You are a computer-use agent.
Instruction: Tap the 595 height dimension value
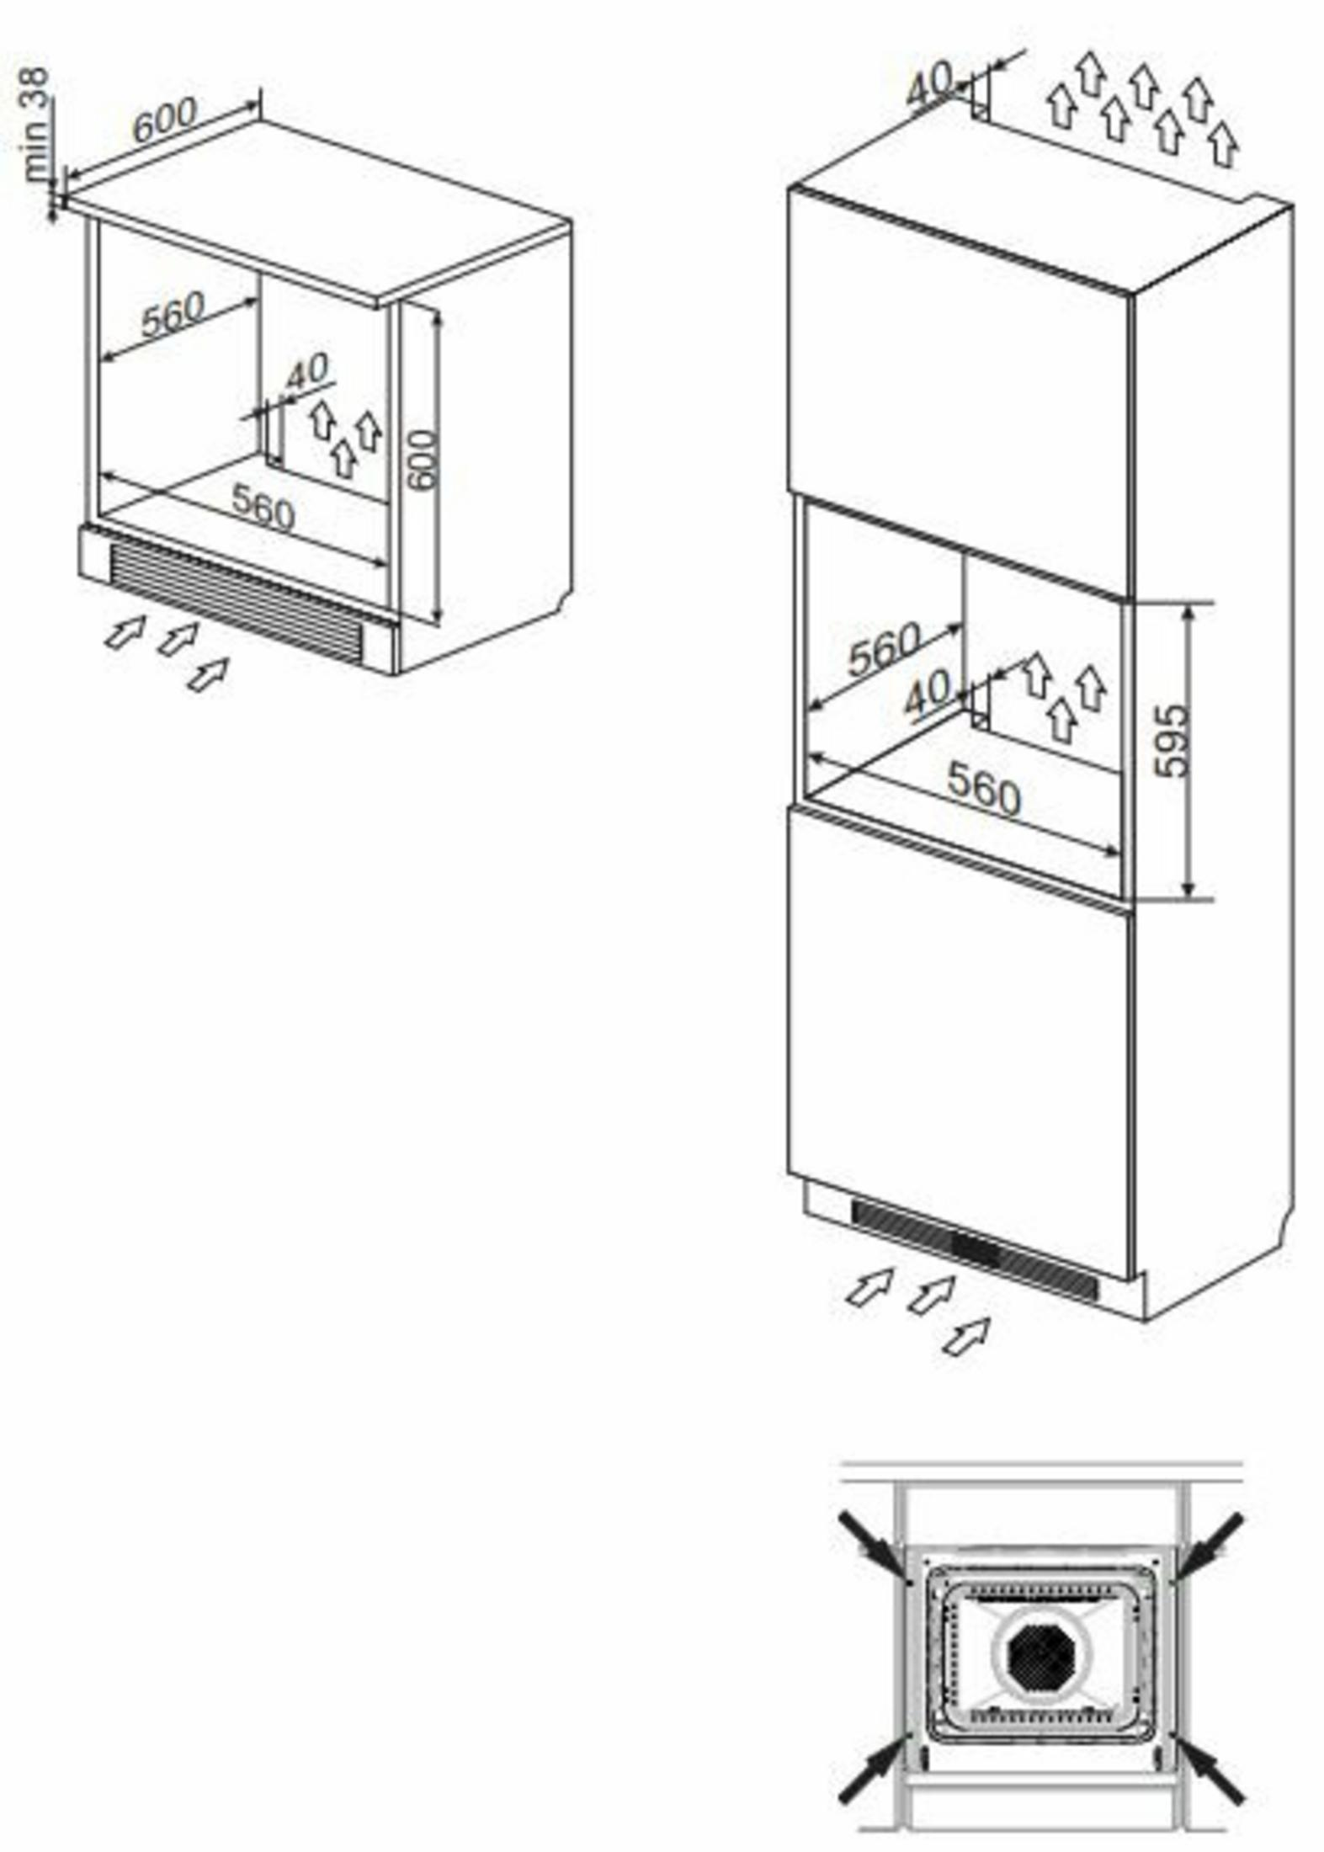(x=1172, y=742)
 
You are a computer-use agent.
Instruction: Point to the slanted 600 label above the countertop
(x=165, y=119)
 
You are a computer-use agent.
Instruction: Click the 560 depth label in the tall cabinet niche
(x=884, y=649)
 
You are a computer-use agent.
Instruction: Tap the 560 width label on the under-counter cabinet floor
(x=263, y=507)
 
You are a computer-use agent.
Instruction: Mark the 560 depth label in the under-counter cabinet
(x=173, y=313)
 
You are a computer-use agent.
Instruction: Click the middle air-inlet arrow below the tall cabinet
(x=931, y=1292)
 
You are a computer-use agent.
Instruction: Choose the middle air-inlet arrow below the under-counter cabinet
(x=178, y=639)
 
